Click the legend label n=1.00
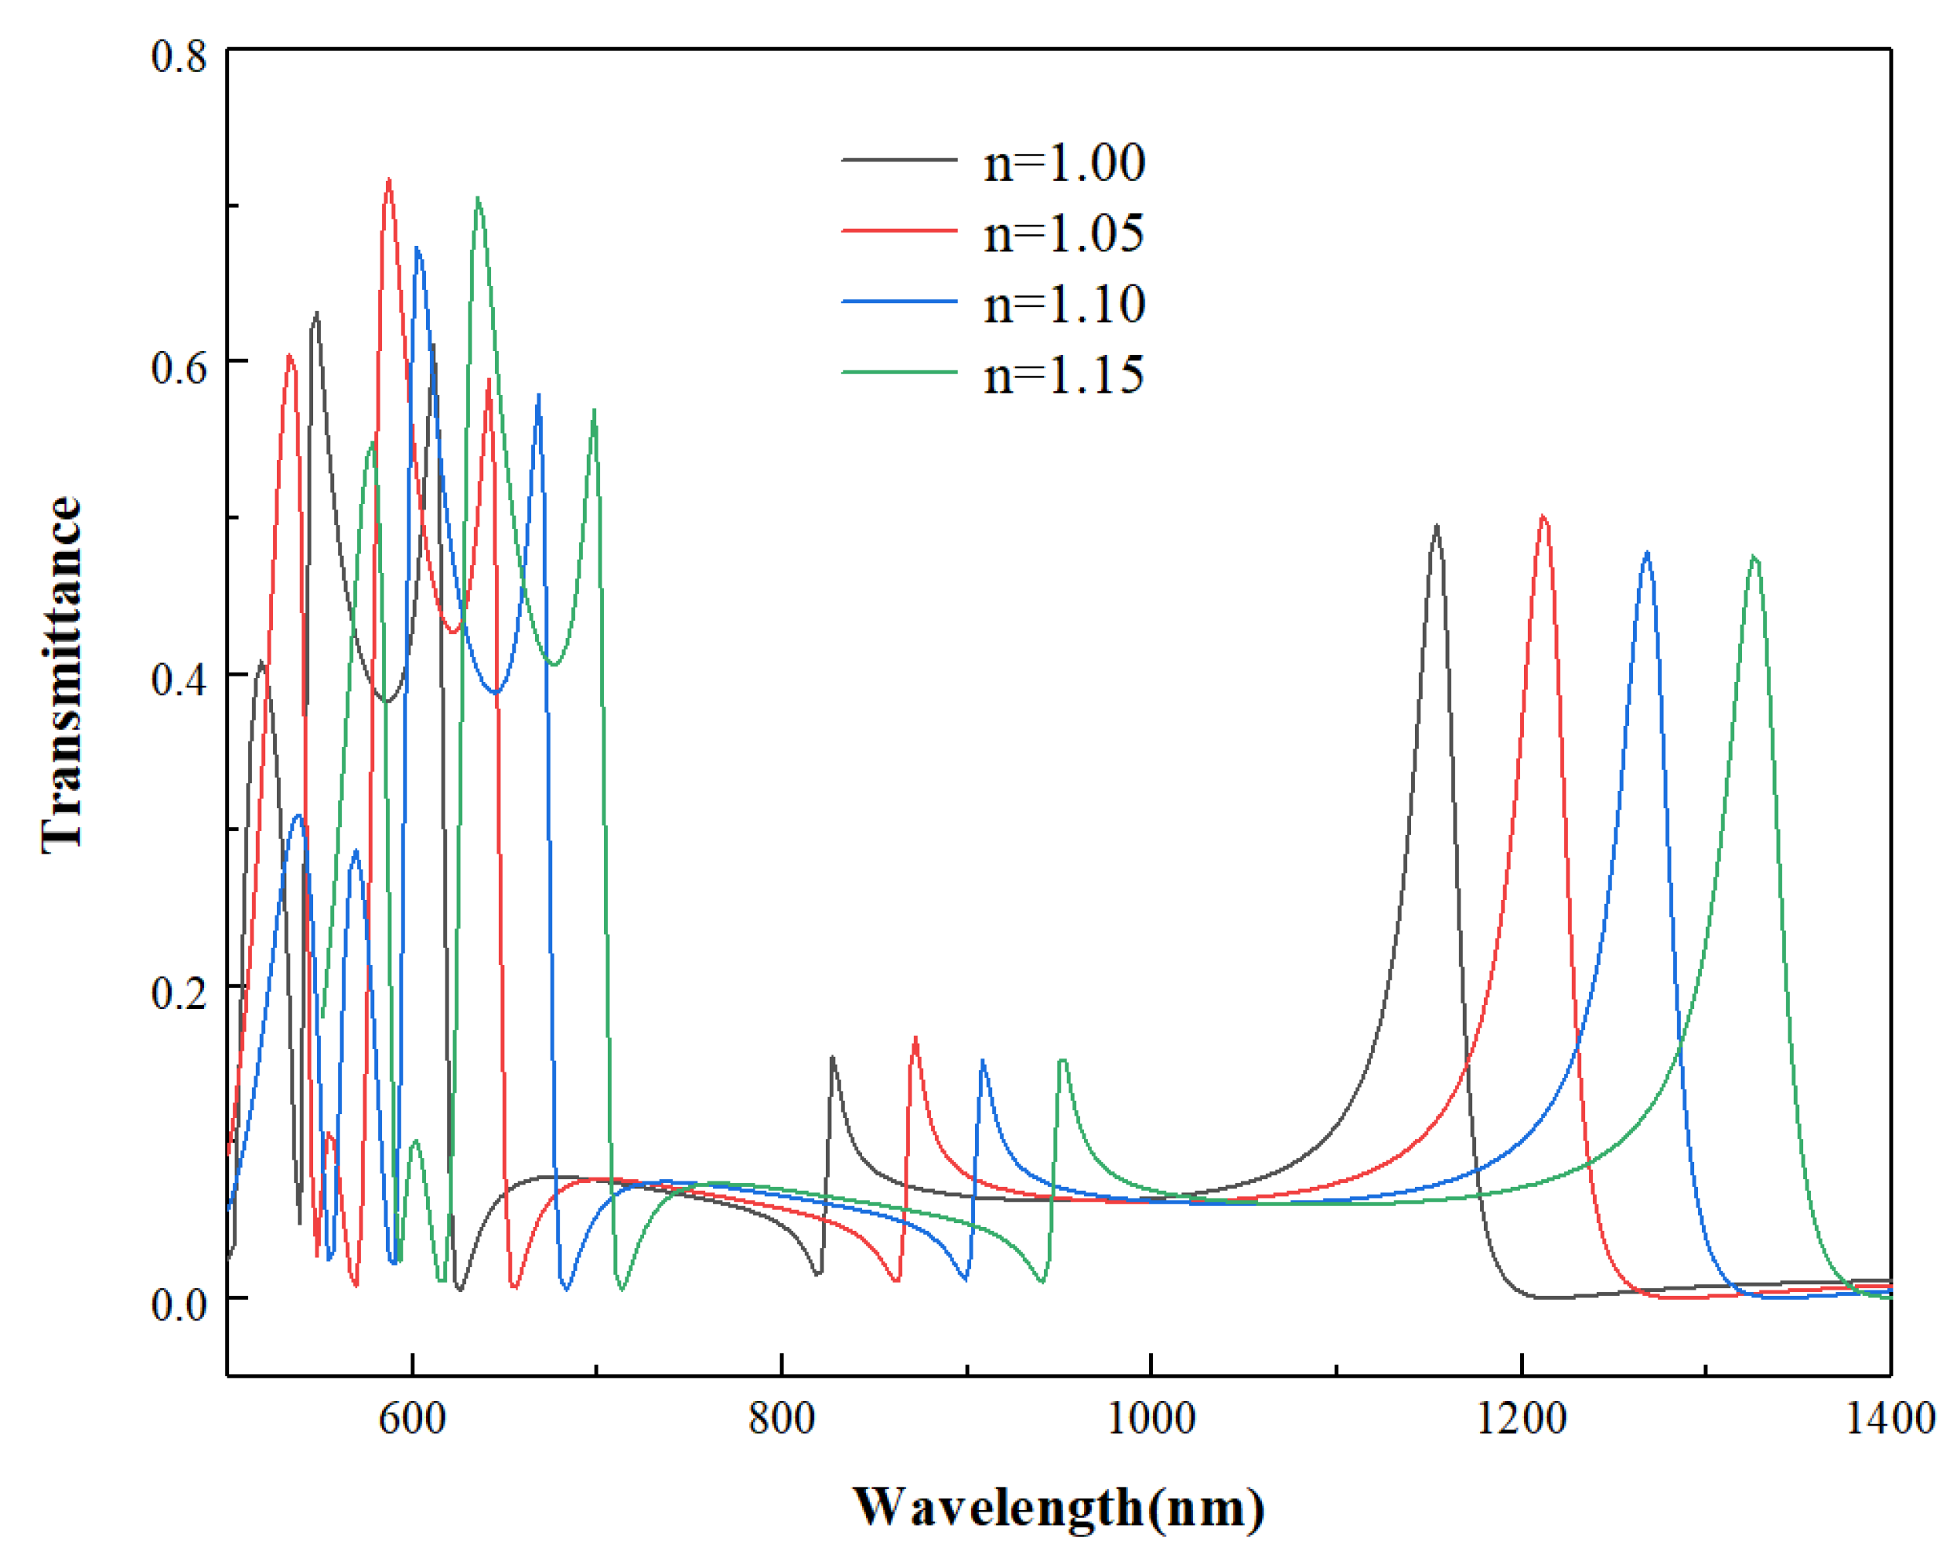click(1064, 163)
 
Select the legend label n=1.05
click(1064, 234)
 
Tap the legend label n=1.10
click(1064, 304)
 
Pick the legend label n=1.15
click(1064, 375)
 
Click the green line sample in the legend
click(899, 372)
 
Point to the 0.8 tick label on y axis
click(179, 56)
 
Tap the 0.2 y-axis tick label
click(179, 992)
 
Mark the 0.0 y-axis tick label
click(179, 1304)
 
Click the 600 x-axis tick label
click(412, 1418)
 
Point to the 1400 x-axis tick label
click(1890, 1418)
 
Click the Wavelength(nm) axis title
click(1059, 1508)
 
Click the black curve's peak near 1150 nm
click(1436, 527)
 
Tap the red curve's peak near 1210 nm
click(1543, 517)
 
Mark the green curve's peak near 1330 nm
click(1754, 557)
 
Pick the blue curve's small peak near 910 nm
click(983, 1061)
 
